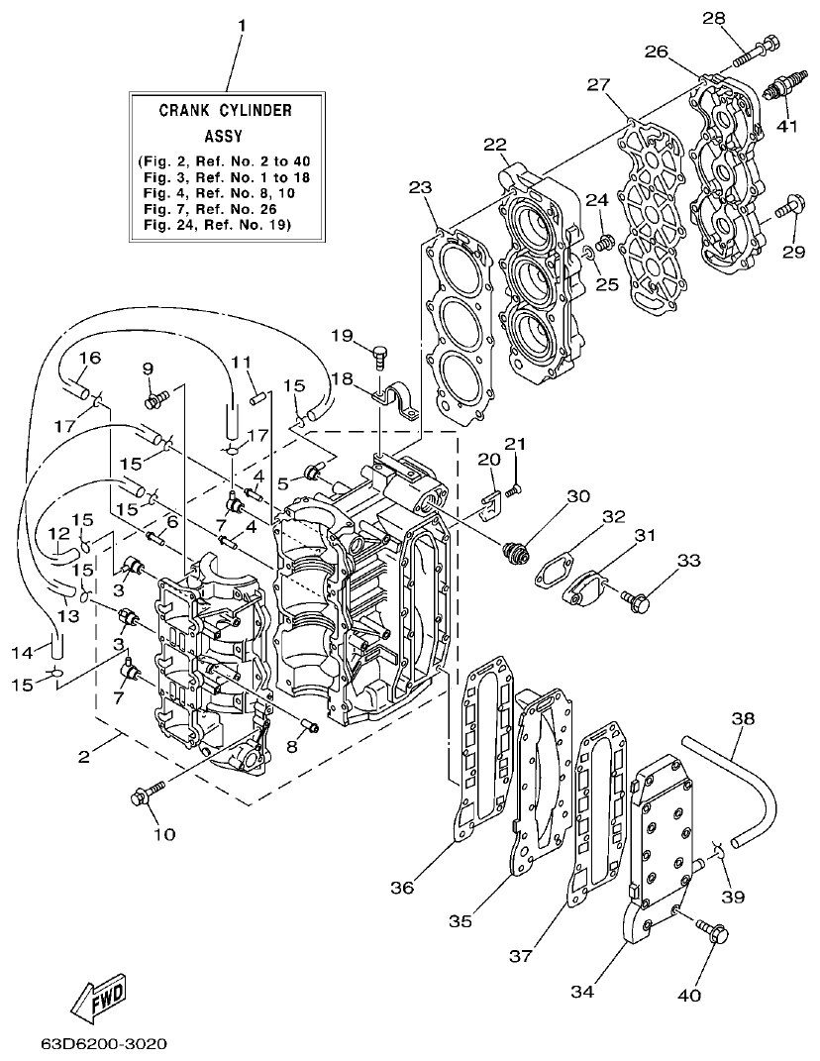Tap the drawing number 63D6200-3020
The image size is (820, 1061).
point(104,1044)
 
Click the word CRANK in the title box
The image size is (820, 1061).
point(187,111)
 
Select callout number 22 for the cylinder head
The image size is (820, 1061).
point(495,145)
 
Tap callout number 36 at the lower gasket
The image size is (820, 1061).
point(402,889)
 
